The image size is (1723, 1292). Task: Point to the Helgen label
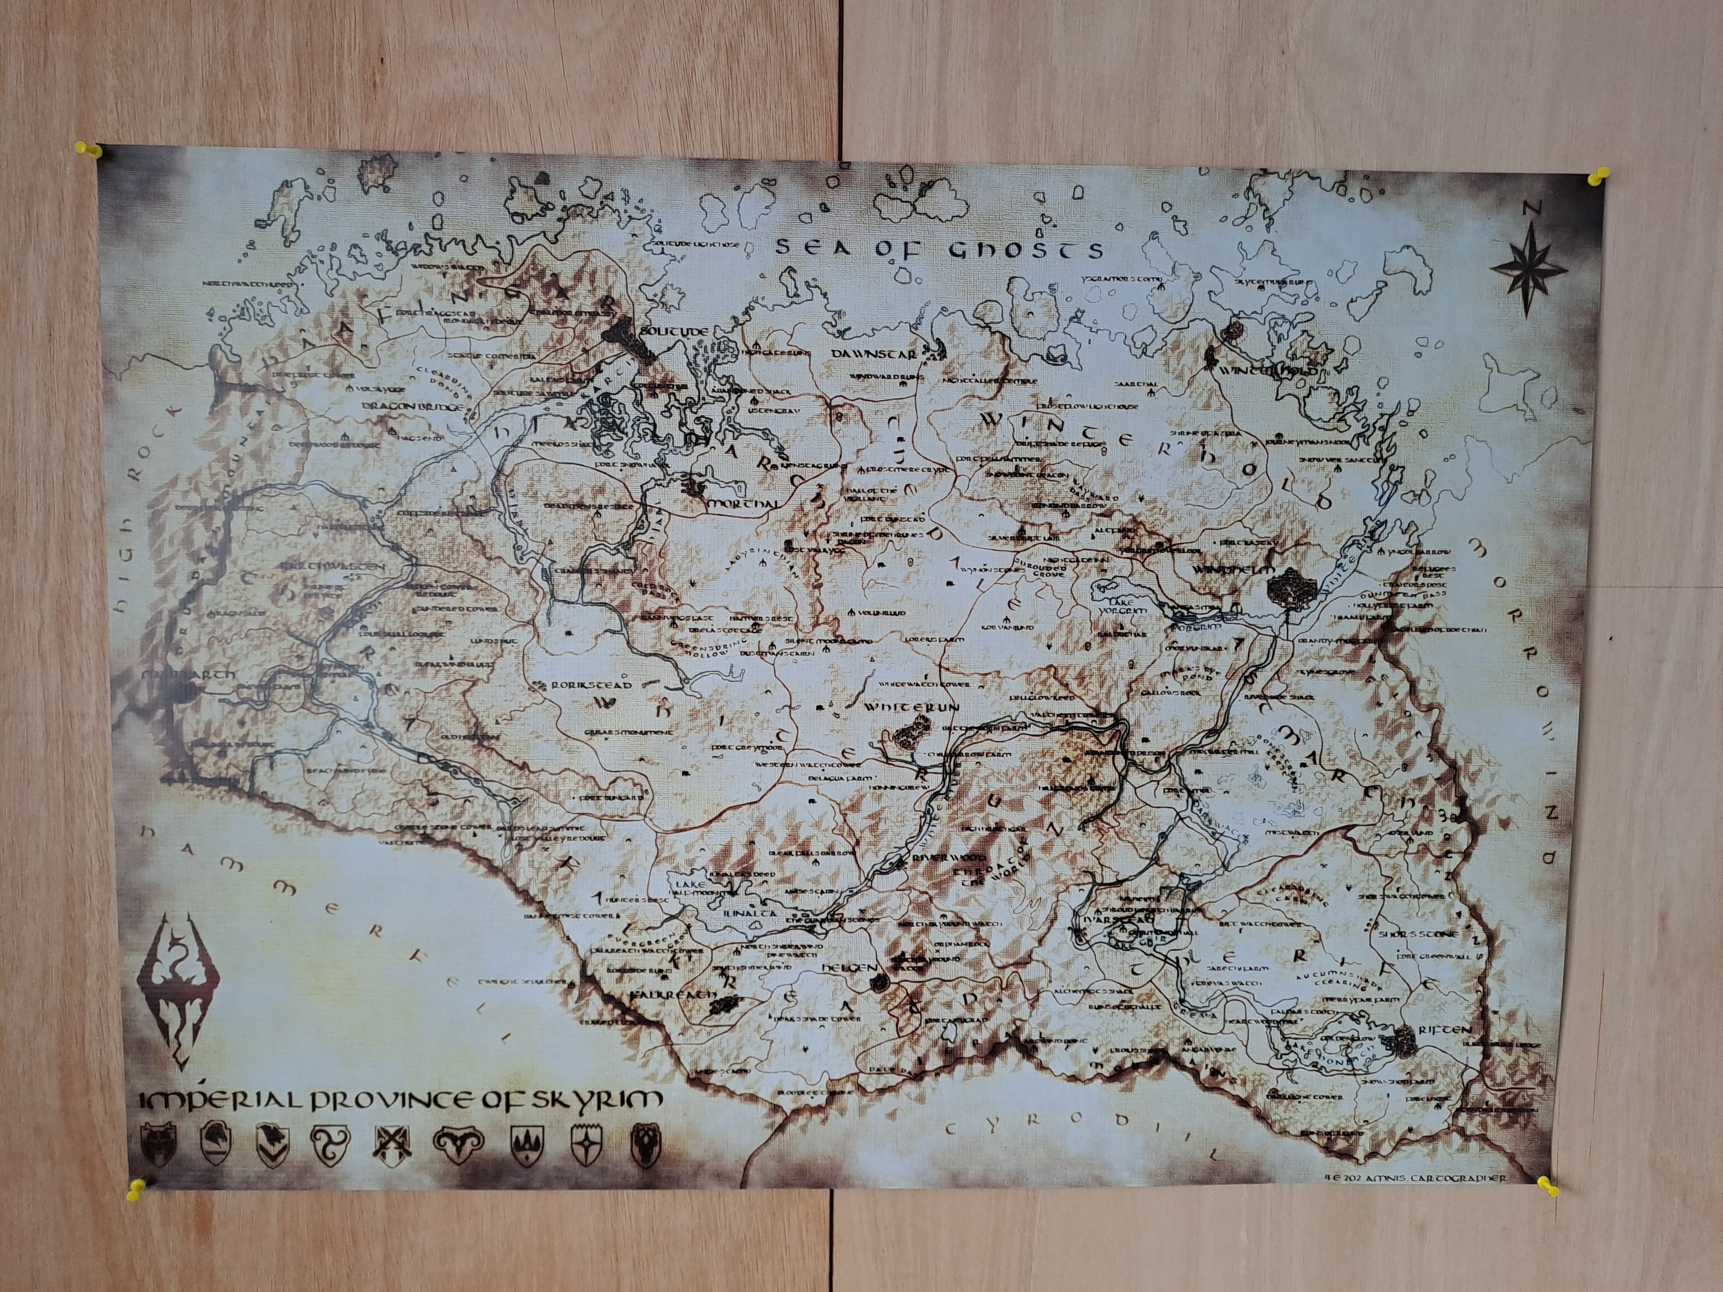tap(844, 966)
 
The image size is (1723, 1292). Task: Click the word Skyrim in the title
tap(604, 1100)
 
